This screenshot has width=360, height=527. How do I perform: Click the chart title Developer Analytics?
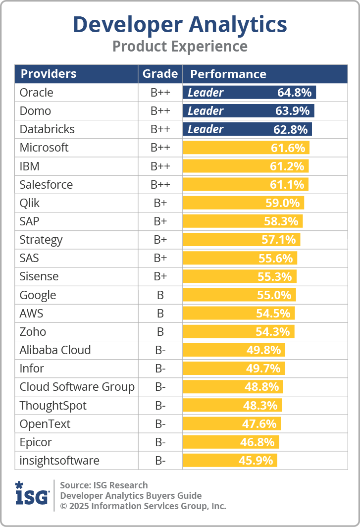tap(180, 25)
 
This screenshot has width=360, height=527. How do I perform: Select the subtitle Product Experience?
tap(180, 47)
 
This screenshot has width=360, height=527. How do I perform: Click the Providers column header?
tap(49, 74)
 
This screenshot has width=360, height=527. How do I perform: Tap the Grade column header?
tap(160, 74)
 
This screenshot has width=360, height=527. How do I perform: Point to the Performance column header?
tap(228, 74)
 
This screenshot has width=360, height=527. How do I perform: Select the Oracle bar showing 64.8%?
tap(249, 93)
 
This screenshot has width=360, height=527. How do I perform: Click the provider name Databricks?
tap(47, 129)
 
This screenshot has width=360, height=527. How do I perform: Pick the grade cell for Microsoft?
tap(160, 148)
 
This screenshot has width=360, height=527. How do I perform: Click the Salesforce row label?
tap(46, 185)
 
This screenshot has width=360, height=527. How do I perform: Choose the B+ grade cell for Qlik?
tap(160, 203)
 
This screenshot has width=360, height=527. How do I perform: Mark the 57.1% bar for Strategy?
tap(241, 240)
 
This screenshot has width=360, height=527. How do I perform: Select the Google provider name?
tap(38, 295)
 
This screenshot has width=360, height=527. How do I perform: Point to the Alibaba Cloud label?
tap(55, 350)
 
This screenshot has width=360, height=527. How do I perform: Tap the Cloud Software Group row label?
tap(77, 387)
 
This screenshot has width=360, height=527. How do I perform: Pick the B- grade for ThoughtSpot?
tap(160, 406)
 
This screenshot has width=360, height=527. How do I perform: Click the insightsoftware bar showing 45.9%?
tap(230, 461)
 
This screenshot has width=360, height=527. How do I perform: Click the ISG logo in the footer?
tap(32, 493)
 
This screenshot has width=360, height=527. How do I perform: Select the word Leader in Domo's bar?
tap(206, 111)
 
